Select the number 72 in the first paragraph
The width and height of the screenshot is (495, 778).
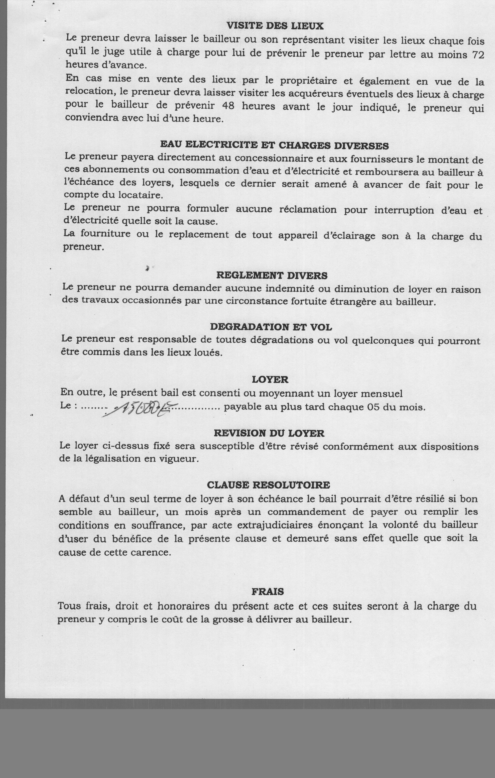tap(478, 55)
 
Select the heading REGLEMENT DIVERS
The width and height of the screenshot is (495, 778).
tap(271, 276)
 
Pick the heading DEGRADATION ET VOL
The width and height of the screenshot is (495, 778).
tap(271, 327)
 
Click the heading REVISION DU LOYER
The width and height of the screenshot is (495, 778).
tap(269, 433)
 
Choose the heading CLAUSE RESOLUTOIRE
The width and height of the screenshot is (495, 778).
tap(268, 485)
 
